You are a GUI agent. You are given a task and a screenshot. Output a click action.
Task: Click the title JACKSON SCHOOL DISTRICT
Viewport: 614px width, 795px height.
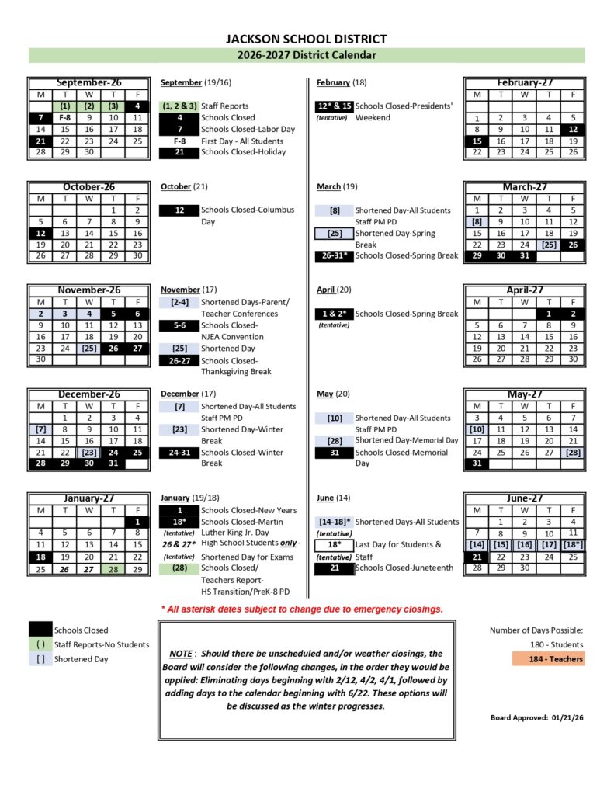[306, 39]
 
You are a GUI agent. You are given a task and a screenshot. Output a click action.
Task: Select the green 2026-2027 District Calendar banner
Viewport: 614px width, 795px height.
[306, 55]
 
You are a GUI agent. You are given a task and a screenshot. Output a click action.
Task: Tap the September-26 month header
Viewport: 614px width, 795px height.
[88, 82]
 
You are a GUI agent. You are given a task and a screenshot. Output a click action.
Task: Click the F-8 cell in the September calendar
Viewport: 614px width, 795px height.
[65, 118]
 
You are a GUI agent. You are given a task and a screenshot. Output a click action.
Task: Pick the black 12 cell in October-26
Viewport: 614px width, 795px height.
[40, 233]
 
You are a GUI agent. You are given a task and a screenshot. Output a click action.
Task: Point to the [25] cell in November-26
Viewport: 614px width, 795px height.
[89, 349]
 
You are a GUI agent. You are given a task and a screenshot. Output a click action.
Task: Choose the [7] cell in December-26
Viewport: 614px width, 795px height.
[40, 429]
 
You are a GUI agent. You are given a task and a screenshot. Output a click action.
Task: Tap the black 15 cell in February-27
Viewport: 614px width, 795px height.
[476, 141]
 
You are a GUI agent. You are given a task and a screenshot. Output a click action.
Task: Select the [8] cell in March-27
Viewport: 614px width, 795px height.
[476, 221]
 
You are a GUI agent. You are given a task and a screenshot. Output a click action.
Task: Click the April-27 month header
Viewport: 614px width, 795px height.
[524, 290]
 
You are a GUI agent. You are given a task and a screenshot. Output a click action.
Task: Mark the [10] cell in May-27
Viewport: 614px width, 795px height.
[477, 429]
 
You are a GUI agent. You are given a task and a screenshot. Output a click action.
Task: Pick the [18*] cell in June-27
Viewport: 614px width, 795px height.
[572, 545]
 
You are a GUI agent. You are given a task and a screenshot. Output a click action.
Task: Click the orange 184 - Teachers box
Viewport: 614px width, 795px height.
[547, 659]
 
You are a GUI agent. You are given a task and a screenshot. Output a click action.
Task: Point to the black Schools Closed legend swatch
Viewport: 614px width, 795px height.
[41, 630]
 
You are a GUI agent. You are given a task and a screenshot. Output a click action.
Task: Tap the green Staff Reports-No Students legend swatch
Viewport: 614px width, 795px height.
[41, 644]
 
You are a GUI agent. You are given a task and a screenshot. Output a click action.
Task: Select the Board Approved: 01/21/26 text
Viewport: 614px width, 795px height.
[536, 717]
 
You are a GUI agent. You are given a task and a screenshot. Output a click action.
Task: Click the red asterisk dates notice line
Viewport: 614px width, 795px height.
[302, 609]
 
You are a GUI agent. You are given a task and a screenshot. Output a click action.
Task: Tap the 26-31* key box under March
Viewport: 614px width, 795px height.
[334, 255]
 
